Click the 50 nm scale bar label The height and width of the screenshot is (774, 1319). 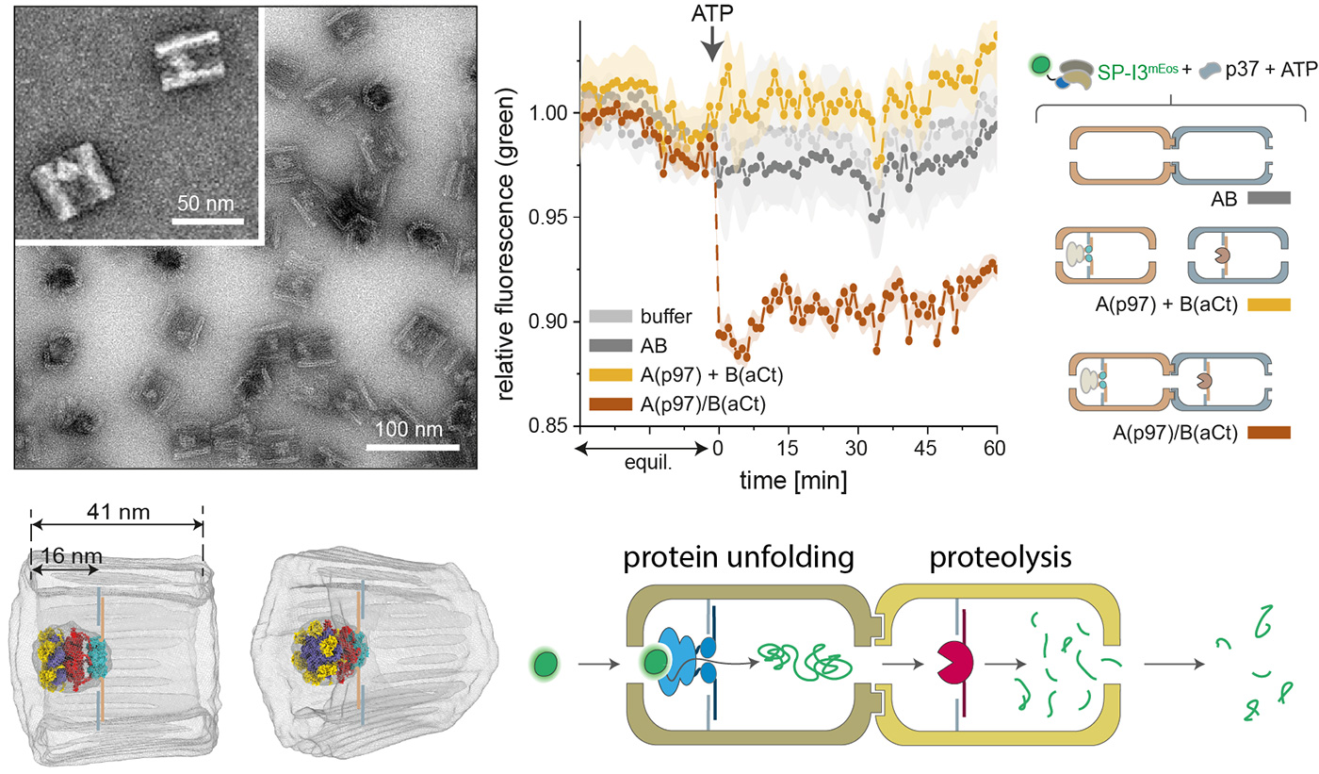204,203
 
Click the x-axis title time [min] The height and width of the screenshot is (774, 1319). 791,481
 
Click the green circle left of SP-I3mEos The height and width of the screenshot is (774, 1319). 1041,65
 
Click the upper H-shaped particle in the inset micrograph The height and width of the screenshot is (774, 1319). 187,61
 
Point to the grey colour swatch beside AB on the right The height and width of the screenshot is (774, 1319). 1267,199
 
